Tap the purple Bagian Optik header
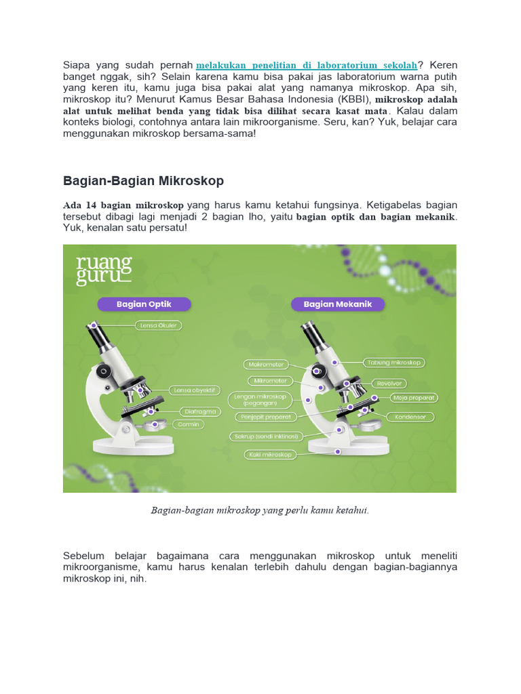144,304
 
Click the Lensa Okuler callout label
158,325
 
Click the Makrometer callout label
266,364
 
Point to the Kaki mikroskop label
269,455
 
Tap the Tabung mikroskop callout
394,363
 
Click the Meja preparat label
414,397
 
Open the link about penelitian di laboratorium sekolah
306,65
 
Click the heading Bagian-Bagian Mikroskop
143,181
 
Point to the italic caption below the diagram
260,510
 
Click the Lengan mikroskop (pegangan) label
260,399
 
